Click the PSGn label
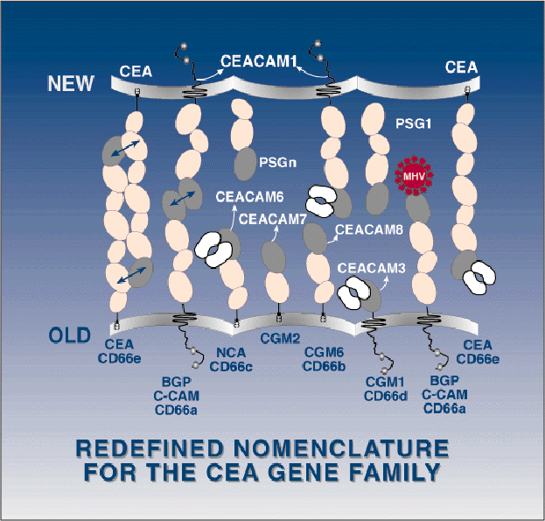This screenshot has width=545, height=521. click(x=276, y=162)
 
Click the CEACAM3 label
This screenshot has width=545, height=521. click(x=372, y=269)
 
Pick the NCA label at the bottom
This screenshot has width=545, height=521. click(x=230, y=352)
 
